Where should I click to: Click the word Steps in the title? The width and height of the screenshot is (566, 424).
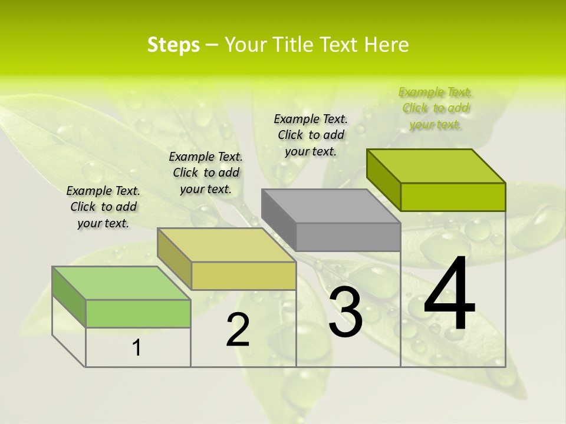point(173,45)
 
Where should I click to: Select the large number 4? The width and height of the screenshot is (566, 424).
point(449,296)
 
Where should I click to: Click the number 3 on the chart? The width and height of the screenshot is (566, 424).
point(345,312)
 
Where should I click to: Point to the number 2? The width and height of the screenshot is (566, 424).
point(238,330)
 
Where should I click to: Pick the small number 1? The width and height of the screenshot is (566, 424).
point(137,348)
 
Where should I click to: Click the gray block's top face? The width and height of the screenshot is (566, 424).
point(330,206)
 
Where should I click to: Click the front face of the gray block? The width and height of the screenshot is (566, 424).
point(348,237)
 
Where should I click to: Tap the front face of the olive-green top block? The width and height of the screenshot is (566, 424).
point(453,197)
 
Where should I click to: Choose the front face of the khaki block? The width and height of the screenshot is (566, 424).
point(243,276)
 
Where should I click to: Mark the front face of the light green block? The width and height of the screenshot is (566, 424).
point(138,313)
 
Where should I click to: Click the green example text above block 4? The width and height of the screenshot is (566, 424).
point(435,108)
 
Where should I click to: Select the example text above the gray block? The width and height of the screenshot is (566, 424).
point(311,135)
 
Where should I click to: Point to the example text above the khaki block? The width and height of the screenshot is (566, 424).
point(206,173)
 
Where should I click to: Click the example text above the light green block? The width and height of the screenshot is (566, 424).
point(103,207)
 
